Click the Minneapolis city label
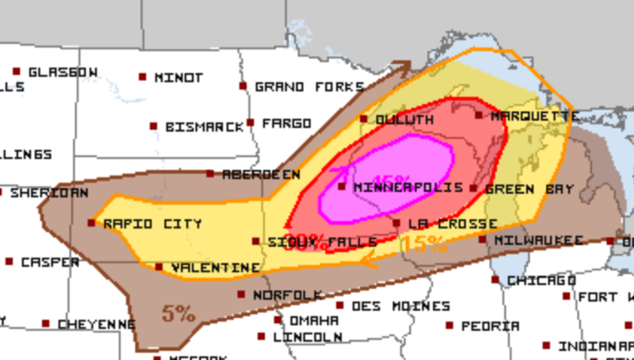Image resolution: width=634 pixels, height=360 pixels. tap(395, 187)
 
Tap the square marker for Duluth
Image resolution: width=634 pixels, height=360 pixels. tap(364, 119)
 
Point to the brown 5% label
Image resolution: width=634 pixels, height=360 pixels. tap(179, 313)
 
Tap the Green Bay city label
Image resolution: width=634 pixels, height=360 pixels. tap(529, 189)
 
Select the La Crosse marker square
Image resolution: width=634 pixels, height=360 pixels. tap(396, 223)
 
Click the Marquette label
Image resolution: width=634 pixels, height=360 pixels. tap(534, 117)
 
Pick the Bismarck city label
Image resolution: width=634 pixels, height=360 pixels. tap(205, 127)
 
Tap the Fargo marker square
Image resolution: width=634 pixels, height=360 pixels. tap(249, 122)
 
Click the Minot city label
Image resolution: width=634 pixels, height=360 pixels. tap(178, 78)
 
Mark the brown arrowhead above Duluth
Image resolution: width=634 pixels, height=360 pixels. tap(402, 67)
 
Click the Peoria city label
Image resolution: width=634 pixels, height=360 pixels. tap(490, 326)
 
